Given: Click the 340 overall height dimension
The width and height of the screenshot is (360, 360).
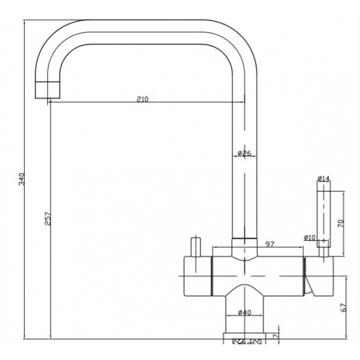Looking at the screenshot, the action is (x=22, y=179).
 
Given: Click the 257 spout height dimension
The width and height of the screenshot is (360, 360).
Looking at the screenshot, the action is (x=48, y=219).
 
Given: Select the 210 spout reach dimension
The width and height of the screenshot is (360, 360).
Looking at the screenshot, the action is (x=143, y=99).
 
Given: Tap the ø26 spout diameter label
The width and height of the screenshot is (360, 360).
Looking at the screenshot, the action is (x=245, y=153).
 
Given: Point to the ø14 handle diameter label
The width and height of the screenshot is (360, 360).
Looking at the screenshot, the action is (x=323, y=179).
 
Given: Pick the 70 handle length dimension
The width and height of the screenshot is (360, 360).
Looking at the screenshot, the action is (x=341, y=223).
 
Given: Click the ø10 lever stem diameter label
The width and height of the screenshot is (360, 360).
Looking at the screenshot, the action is (x=310, y=238).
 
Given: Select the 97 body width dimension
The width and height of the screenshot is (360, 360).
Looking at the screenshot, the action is (x=270, y=244).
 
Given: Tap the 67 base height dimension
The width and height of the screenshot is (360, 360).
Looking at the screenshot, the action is (x=343, y=308).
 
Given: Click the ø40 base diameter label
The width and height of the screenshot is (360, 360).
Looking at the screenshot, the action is (x=245, y=312).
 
